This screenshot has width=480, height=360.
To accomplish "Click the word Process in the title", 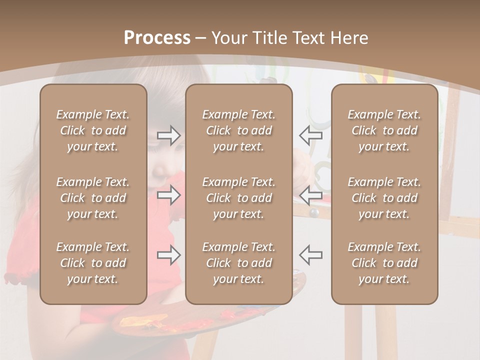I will [157, 38].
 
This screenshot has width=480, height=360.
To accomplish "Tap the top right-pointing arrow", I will [168, 135].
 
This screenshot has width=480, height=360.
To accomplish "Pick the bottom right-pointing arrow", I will [168, 255].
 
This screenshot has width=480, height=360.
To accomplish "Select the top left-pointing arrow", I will [310, 135].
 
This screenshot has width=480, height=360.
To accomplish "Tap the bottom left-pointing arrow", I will [310, 255].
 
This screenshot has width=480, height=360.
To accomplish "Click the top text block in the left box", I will [93, 130].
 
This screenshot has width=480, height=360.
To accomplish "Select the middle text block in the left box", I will [93, 198].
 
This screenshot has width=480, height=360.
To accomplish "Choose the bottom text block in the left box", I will [93, 263].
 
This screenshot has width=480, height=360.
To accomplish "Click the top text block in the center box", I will [238, 130].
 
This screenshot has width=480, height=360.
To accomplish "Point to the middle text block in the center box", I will [238, 198].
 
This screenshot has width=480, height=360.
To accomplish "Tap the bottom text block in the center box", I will [238, 263].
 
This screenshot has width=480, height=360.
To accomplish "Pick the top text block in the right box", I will [384, 130].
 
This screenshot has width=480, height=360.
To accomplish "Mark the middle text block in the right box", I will [384, 198].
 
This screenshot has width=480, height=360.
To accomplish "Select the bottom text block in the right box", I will [384, 263].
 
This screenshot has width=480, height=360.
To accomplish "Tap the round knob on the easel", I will [314, 212].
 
